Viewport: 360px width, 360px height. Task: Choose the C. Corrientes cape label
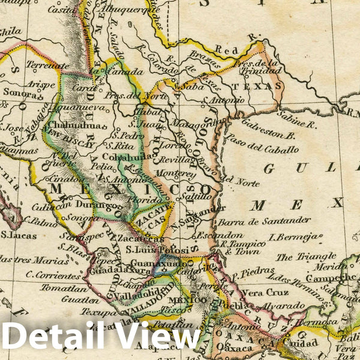coord(53,277)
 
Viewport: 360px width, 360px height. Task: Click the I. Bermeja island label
coord(292,237)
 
